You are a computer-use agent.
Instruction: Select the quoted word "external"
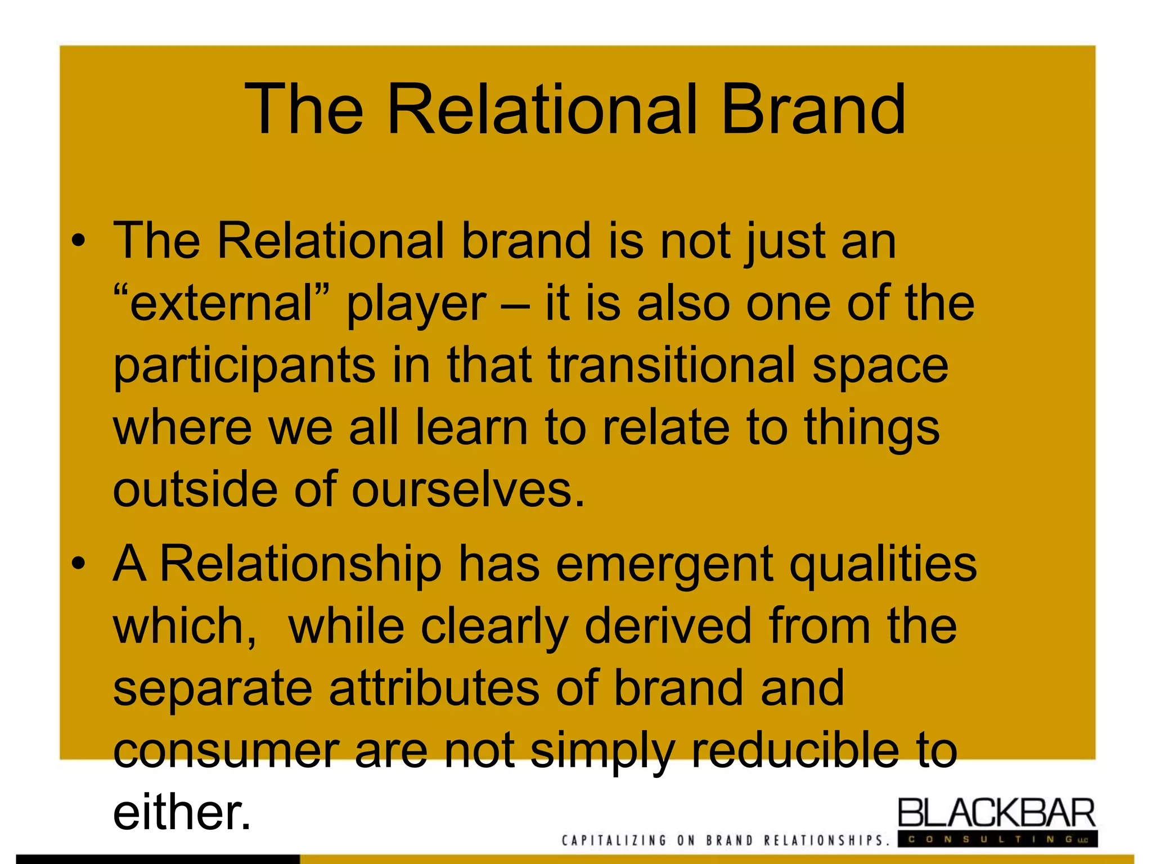click(221, 303)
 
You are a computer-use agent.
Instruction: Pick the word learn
click(471, 427)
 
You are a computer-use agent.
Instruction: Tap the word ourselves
click(468, 489)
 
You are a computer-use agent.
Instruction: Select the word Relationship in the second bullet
click(301, 565)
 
